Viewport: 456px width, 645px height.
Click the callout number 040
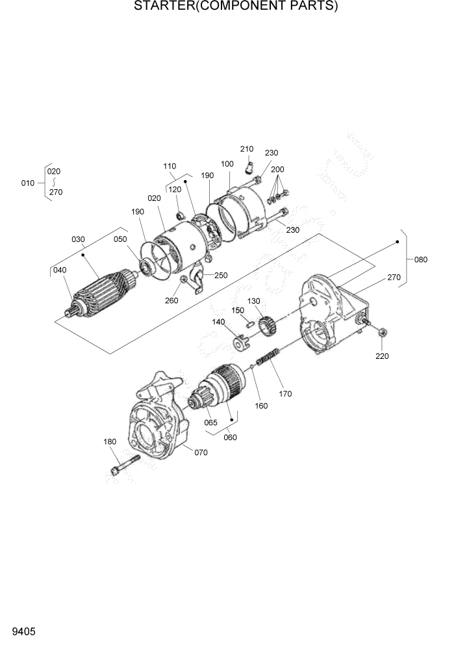(60, 270)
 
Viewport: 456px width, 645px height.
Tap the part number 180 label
(110, 442)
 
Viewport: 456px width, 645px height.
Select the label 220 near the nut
(382, 356)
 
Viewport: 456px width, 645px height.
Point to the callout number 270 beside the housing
(394, 278)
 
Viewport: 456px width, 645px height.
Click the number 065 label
(210, 423)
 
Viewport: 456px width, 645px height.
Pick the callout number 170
(285, 393)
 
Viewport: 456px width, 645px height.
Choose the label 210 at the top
(246, 150)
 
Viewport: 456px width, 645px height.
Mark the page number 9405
(23, 631)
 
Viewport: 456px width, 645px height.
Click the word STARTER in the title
(164, 7)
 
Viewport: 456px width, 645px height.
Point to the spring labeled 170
(268, 357)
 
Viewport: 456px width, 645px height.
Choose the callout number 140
(218, 322)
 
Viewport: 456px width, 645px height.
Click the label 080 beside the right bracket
(421, 259)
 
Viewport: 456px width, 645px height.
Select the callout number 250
(221, 275)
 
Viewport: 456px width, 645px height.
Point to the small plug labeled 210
(249, 169)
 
